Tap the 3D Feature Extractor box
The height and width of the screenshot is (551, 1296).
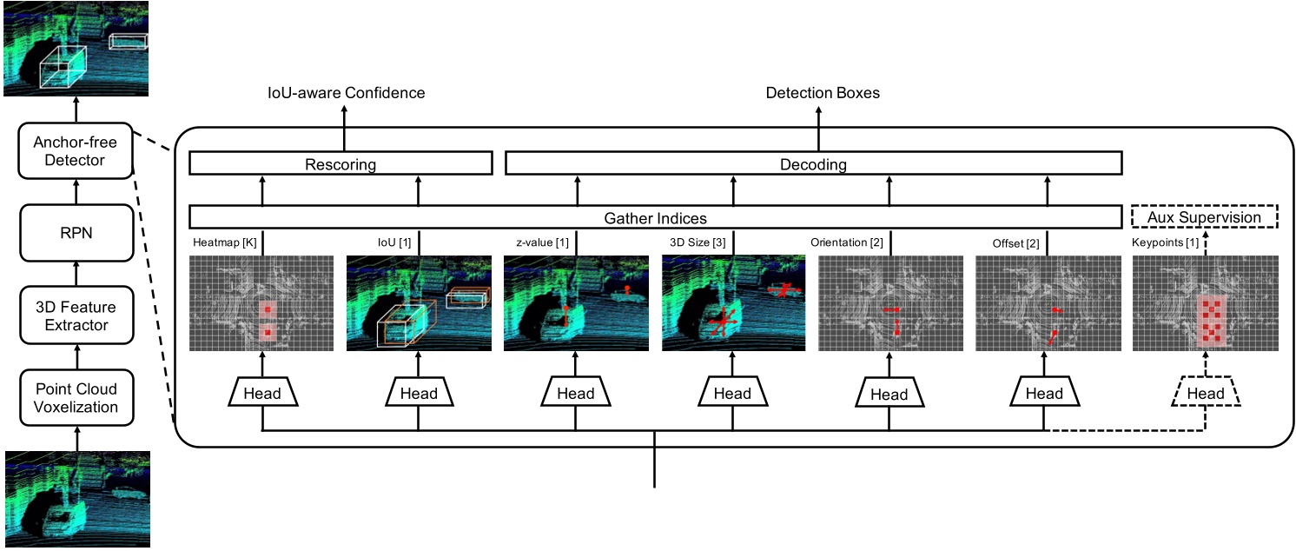pyautogui.click(x=76, y=316)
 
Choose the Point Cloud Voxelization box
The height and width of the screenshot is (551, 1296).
pyautogui.click(x=76, y=397)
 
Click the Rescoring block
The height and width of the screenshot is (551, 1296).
pyautogui.click(x=341, y=164)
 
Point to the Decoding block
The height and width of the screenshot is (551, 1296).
pyautogui.click(x=814, y=164)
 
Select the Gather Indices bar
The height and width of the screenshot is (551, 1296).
pyautogui.click(x=655, y=217)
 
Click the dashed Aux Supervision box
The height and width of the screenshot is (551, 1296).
pyautogui.click(x=1203, y=217)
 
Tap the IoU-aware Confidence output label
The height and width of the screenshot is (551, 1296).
pyautogui.click(x=345, y=92)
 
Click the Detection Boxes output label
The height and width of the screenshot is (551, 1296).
pyautogui.click(x=822, y=92)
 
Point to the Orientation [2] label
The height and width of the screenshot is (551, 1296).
pyautogui.click(x=846, y=243)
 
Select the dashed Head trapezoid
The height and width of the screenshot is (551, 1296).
pyautogui.click(x=1205, y=394)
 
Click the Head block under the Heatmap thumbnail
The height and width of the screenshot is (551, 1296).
pyautogui.click(x=261, y=394)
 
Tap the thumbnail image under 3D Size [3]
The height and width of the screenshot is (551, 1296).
pyautogui.click(x=733, y=303)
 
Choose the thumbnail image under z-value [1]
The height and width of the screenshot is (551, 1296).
pyautogui.click(x=576, y=303)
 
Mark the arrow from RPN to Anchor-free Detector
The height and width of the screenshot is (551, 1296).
pyautogui.click(x=76, y=188)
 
